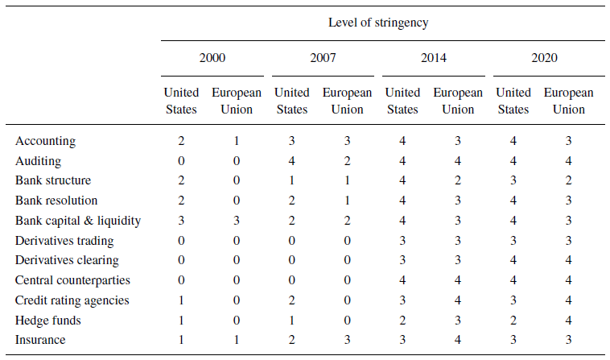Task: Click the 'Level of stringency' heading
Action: pos(377,23)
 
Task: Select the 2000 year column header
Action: pos(212,58)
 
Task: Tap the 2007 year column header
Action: pos(322,58)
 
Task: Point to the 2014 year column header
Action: pos(433,58)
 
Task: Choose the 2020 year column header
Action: pos(544,58)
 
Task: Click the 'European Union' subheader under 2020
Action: pos(568,101)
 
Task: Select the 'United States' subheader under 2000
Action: pos(181,101)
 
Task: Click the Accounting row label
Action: pos(45,141)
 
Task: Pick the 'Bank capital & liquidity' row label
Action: pos(78,221)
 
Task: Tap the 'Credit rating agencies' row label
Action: pos(72,300)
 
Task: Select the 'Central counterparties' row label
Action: pos(72,280)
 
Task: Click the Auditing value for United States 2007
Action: pos(291,161)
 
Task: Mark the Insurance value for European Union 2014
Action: pos(458,341)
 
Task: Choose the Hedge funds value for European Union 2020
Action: pos(568,321)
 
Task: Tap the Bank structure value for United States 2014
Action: pos(402,180)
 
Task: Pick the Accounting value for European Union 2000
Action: pos(236,141)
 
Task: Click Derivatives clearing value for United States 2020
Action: pos(513,260)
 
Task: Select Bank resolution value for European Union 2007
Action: pos(347,201)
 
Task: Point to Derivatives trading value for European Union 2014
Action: pos(458,241)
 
